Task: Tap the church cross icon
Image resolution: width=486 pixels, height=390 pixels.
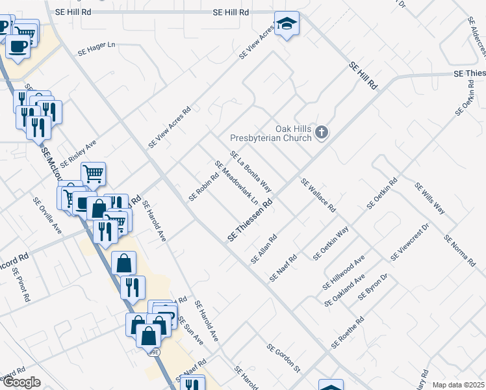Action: point(321,133)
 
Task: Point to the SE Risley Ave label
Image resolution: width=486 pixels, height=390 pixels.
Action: point(78,153)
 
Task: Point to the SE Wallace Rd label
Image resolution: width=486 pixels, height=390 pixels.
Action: point(318,196)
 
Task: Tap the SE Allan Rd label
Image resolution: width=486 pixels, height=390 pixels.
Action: point(264,249)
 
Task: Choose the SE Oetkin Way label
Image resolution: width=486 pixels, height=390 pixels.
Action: point(331,242)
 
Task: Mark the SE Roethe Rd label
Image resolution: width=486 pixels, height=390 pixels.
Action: point(348,332)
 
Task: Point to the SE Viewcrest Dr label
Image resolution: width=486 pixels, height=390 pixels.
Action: point(410,242)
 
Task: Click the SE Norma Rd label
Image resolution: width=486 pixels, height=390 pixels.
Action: point(459,250)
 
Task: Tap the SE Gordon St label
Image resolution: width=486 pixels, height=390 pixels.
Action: point(283,357)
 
